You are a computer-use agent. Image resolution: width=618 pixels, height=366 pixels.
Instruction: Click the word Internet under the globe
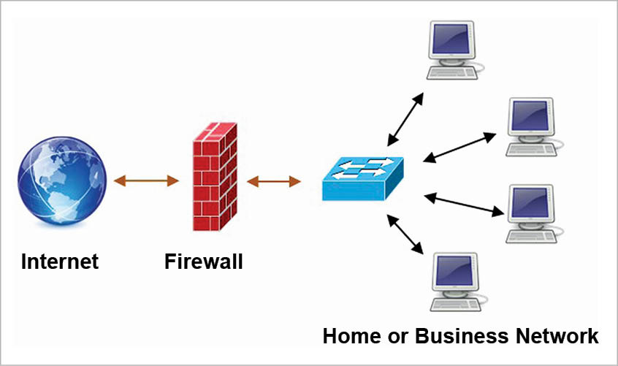coord(60,261)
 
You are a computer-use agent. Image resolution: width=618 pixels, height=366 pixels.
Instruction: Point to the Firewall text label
coord(204,261)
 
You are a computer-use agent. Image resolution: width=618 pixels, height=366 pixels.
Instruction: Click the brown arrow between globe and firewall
coord(146,180)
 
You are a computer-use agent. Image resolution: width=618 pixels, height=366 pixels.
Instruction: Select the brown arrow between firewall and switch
coord(274,180)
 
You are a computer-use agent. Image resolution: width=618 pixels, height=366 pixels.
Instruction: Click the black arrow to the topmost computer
coord(405,118)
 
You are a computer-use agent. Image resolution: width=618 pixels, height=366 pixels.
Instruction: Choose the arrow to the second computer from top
coord(460,146)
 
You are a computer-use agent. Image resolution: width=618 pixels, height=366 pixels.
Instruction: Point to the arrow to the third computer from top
coord(465,205)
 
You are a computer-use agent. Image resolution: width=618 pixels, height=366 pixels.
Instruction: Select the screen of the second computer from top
coord(530,116)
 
